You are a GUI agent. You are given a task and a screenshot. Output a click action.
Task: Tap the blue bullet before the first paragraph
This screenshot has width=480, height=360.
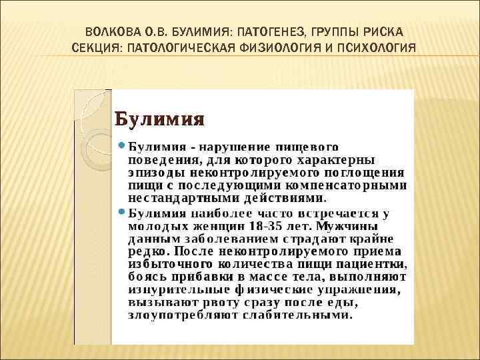point(121,145)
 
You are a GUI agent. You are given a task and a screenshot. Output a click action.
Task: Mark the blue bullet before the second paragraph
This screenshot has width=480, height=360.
point(121,212)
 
